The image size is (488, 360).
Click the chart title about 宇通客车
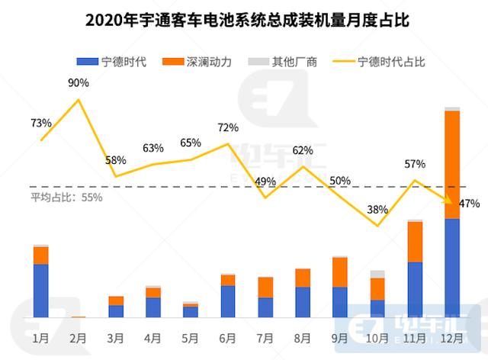pyautogui.click(x=244, y=19)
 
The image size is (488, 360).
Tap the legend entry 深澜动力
pyautogui.click(x=214, y=60)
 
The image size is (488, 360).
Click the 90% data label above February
pyautogui.click(x=79, y=83)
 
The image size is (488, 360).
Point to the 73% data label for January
pyautogui.click(x=41, y=122)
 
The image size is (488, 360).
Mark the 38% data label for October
pyautogui.click(x=377, y=209)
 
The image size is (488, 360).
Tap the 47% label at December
pyautogui.click(x=469, y=203)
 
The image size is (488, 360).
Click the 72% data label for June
pyautogui.click(x=228, y=127)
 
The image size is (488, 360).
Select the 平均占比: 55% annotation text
pyautogui.click(x=66, y=197)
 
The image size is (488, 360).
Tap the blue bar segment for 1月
pyautogui.click(x=41, y=290)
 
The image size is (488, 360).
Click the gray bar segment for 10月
pyautogui.click(x=377, y=274)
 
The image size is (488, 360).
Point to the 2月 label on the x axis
pyautogui.click(x=79, y=336)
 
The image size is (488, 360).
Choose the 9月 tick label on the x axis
pyautogui.click(x=340, y=336)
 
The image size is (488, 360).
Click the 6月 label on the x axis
pyautogui.click(x=228, y=336)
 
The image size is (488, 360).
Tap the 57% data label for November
pyautogui.click(x=415, y=164)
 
